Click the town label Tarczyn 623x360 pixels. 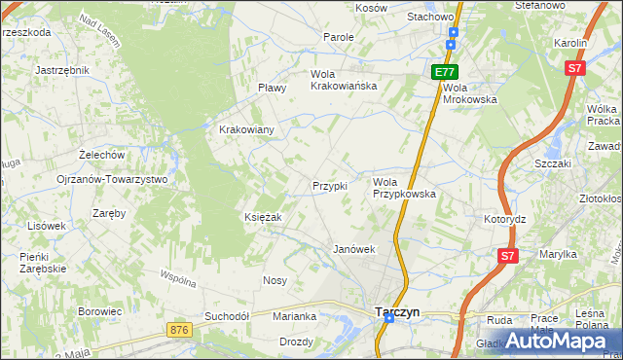click(397, 312)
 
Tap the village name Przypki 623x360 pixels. click(329, 186)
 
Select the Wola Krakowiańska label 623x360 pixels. click(344, 80)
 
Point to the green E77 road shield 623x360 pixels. click(445, 72)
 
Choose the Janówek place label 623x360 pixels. click(354, 249)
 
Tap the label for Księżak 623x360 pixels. click(263, 217)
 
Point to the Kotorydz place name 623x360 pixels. click(504, 219)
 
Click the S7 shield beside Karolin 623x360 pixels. click(575, 68)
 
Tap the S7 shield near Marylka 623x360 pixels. click(505, 256)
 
